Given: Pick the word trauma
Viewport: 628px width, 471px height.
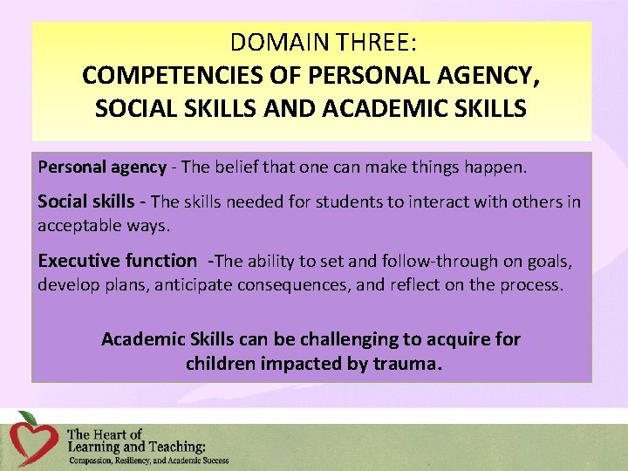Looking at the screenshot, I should tap(407, 363).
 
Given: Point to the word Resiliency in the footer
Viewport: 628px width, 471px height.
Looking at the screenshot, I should tap(147, 460).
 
